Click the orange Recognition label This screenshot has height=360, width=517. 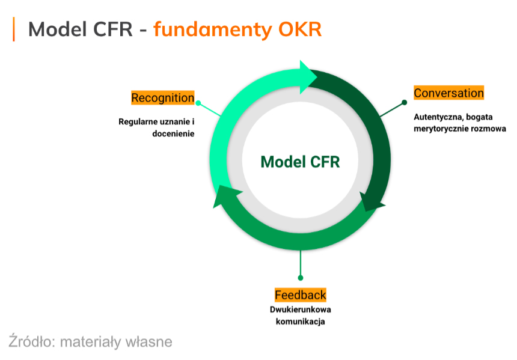coord(163,97)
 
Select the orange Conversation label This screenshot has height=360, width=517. coord(448,93)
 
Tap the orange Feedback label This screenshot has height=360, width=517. coord(301,294)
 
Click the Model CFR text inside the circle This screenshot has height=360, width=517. coord(300,162)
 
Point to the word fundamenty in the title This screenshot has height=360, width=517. coord(216,29)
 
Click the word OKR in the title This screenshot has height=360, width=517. coord(302,29)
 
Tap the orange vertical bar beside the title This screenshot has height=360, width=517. coord(14,29)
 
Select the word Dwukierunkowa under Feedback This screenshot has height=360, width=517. coord(301,310)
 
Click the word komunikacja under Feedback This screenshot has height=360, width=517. coord(301,322)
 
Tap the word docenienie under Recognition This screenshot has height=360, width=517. coord(173,133)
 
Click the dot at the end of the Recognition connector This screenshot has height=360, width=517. coord(198,103)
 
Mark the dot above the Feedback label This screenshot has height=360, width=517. coord(301,278)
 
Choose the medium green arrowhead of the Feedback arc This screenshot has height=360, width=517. coord(224,196)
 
